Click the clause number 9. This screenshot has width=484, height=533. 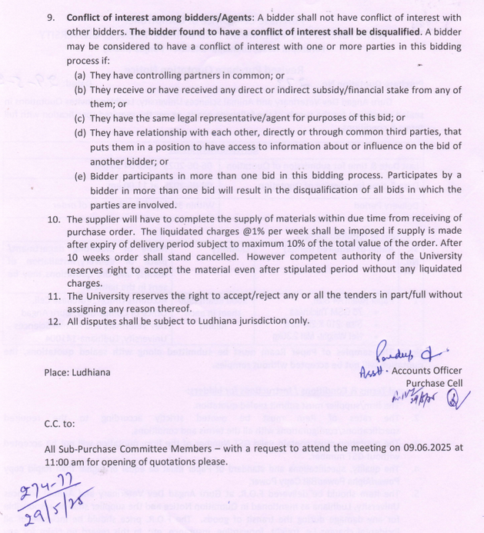(51, 17)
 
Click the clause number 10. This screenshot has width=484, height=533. (53, 219)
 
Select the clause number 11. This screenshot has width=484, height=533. (53, 295)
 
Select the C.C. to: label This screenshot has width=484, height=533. (61, 423)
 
